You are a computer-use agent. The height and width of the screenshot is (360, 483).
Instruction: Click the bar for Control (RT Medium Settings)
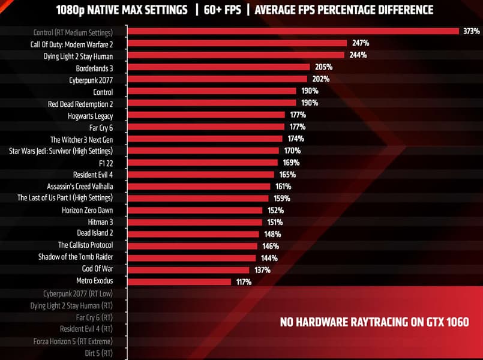(x=294, y=31)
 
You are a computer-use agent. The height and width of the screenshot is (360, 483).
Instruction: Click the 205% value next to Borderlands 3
(x=323, y=67)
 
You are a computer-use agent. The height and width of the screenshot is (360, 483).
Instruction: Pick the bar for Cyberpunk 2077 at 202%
(x=218, y=79)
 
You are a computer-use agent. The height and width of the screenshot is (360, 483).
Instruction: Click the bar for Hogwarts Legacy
(x=206, y=115)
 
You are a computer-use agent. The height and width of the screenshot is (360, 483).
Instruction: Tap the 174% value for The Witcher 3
(x=296, y=139)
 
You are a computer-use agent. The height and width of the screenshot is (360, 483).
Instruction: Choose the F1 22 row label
(x=103, y=162)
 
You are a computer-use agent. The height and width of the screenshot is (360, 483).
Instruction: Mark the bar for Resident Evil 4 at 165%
(x=202, y=174)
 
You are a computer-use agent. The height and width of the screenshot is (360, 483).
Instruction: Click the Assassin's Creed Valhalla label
(x=80, y=186)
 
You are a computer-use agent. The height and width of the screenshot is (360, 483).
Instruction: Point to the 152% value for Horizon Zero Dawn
(x=276, y=210)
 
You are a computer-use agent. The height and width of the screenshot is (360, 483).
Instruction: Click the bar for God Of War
(x=188, y=269)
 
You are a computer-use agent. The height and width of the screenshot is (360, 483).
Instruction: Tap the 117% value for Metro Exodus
(x=244, y=281)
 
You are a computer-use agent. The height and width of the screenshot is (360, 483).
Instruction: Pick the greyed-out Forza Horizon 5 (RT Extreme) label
(x=73, y=341)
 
